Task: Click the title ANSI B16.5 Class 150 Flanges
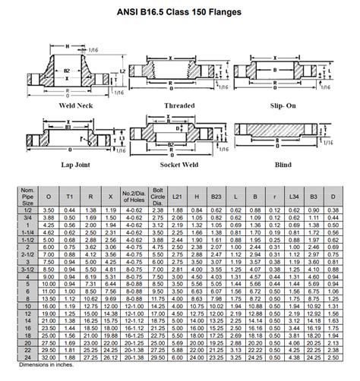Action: point(180,10)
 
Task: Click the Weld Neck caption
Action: point(76,105)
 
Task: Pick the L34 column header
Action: point(294,196)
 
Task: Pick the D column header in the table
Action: point(333,196)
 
